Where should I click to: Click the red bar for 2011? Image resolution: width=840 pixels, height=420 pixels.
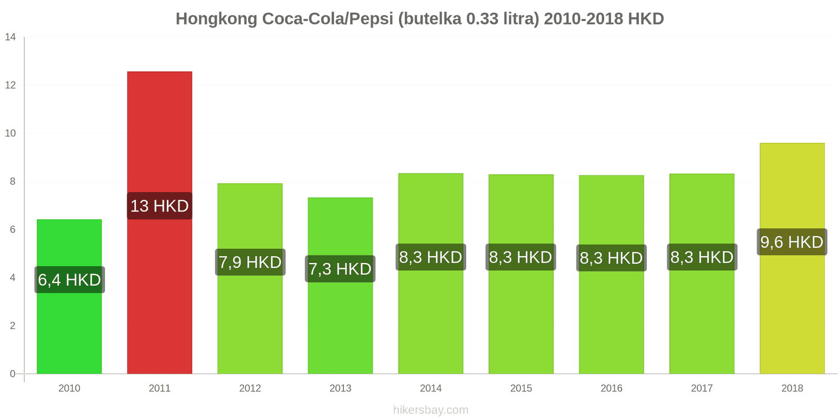pos(160,131)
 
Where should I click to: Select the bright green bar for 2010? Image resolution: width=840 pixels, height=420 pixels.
pos(69,325)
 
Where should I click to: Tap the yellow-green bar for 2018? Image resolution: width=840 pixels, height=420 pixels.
pos(792,315)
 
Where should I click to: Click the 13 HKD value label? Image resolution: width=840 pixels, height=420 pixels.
pos(160,206)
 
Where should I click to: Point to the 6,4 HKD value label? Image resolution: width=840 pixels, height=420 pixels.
pos(69,280)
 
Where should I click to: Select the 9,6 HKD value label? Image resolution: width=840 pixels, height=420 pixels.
pos(792,242)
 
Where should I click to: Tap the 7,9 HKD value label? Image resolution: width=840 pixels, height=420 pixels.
pos(250,262)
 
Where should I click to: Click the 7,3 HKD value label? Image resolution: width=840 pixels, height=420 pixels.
pos(340,269)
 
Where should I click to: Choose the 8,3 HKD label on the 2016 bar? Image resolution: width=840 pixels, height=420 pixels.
pos(611,258)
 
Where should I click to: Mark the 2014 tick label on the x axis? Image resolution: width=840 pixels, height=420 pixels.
pos(430,388)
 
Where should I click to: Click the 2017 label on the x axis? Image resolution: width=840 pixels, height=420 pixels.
pos(701,388)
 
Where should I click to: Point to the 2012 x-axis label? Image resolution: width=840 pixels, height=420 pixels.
pos(250,388)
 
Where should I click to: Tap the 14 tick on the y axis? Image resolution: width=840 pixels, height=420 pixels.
pos(10,37)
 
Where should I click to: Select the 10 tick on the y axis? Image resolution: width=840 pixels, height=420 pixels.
pos(10,133)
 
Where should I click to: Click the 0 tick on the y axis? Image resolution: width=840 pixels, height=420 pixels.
pos(13,374)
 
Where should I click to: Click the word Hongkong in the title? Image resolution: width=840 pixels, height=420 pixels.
pos(216,19)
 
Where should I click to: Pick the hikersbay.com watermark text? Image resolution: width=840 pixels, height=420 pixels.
pos(430,410)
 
